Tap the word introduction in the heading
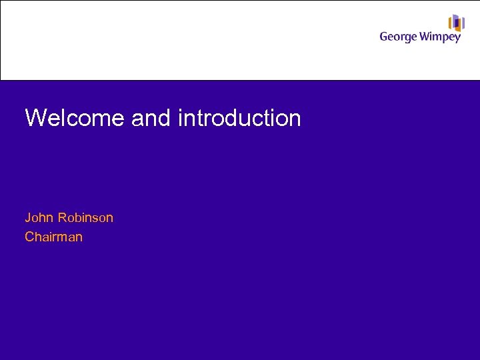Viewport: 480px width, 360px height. coord(239,119)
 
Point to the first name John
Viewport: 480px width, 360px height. coord(39,218)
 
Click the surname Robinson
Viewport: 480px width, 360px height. coord(85,218)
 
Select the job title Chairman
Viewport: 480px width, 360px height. coord(53,237)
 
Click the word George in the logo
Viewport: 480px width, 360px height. coord(399,37)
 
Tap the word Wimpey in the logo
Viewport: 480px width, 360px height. coord(441,37)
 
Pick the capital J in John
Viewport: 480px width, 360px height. coord(28,218)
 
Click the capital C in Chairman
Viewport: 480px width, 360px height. coord(29,237)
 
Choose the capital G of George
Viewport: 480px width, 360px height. coord(385,37)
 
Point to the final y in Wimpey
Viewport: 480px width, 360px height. coord(457,39)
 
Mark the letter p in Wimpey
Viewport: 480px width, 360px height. coord(445,39)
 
